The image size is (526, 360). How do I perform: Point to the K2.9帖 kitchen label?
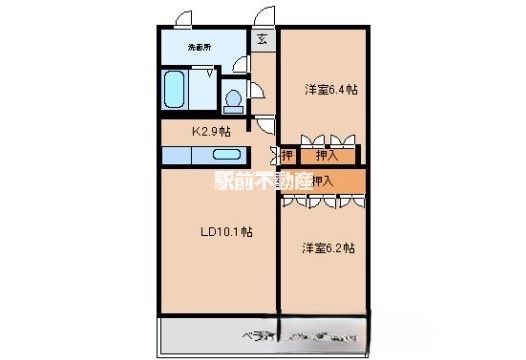[x=212, y=130]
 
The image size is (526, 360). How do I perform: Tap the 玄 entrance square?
[x=261, y=40]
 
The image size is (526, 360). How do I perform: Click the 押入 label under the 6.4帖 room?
[x=326, y=155]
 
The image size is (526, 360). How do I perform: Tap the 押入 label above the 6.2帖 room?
[x=322, y=181]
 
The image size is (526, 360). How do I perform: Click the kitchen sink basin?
[x=229, y=156]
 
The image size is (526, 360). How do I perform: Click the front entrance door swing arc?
[x=265, y=17]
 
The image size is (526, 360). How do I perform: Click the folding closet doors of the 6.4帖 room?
[x=326, y=139]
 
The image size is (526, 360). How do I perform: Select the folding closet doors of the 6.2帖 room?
[x=322, y=199]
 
